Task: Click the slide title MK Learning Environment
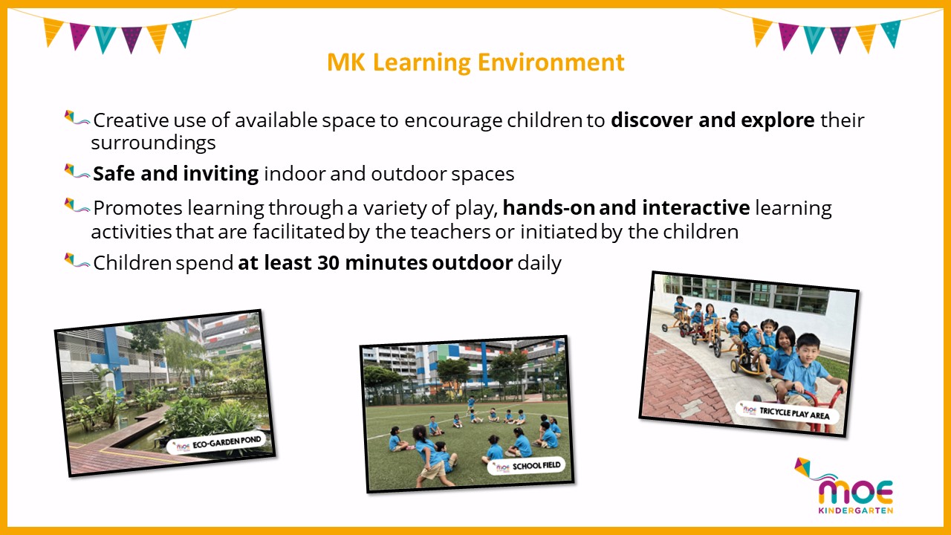(475, 62)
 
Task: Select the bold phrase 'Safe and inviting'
(175, 174)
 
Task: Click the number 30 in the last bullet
(328, 263)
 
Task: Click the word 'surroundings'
(153, 143)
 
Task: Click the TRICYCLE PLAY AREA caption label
(788, 412)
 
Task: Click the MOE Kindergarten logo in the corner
(845, 487)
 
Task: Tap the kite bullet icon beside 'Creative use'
(77, 118)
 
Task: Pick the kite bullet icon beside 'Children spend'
(77, 260)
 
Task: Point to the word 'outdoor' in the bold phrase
(472, 263)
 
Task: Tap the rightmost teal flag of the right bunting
(892, 33)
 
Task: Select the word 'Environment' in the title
(551, 62)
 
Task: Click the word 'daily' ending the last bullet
(539, 264)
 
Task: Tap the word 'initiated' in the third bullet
(559, 232)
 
